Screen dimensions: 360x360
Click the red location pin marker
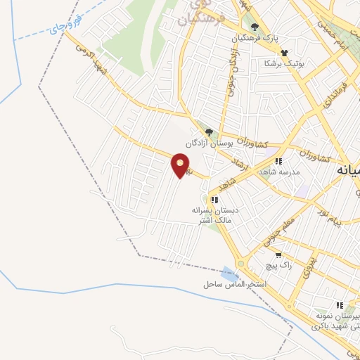[x=181, y=166]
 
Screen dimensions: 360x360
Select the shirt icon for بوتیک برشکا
[x=284, y=53]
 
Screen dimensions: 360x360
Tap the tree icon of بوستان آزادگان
[x=208, y=131]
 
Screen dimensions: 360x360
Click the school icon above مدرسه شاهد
[x=279, y=161]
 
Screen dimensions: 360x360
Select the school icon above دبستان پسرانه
[x=214, y=200]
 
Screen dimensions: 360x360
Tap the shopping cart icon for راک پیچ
[x=278, y=256]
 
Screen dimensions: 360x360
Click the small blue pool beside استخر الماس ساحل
[x=229, y=273]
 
